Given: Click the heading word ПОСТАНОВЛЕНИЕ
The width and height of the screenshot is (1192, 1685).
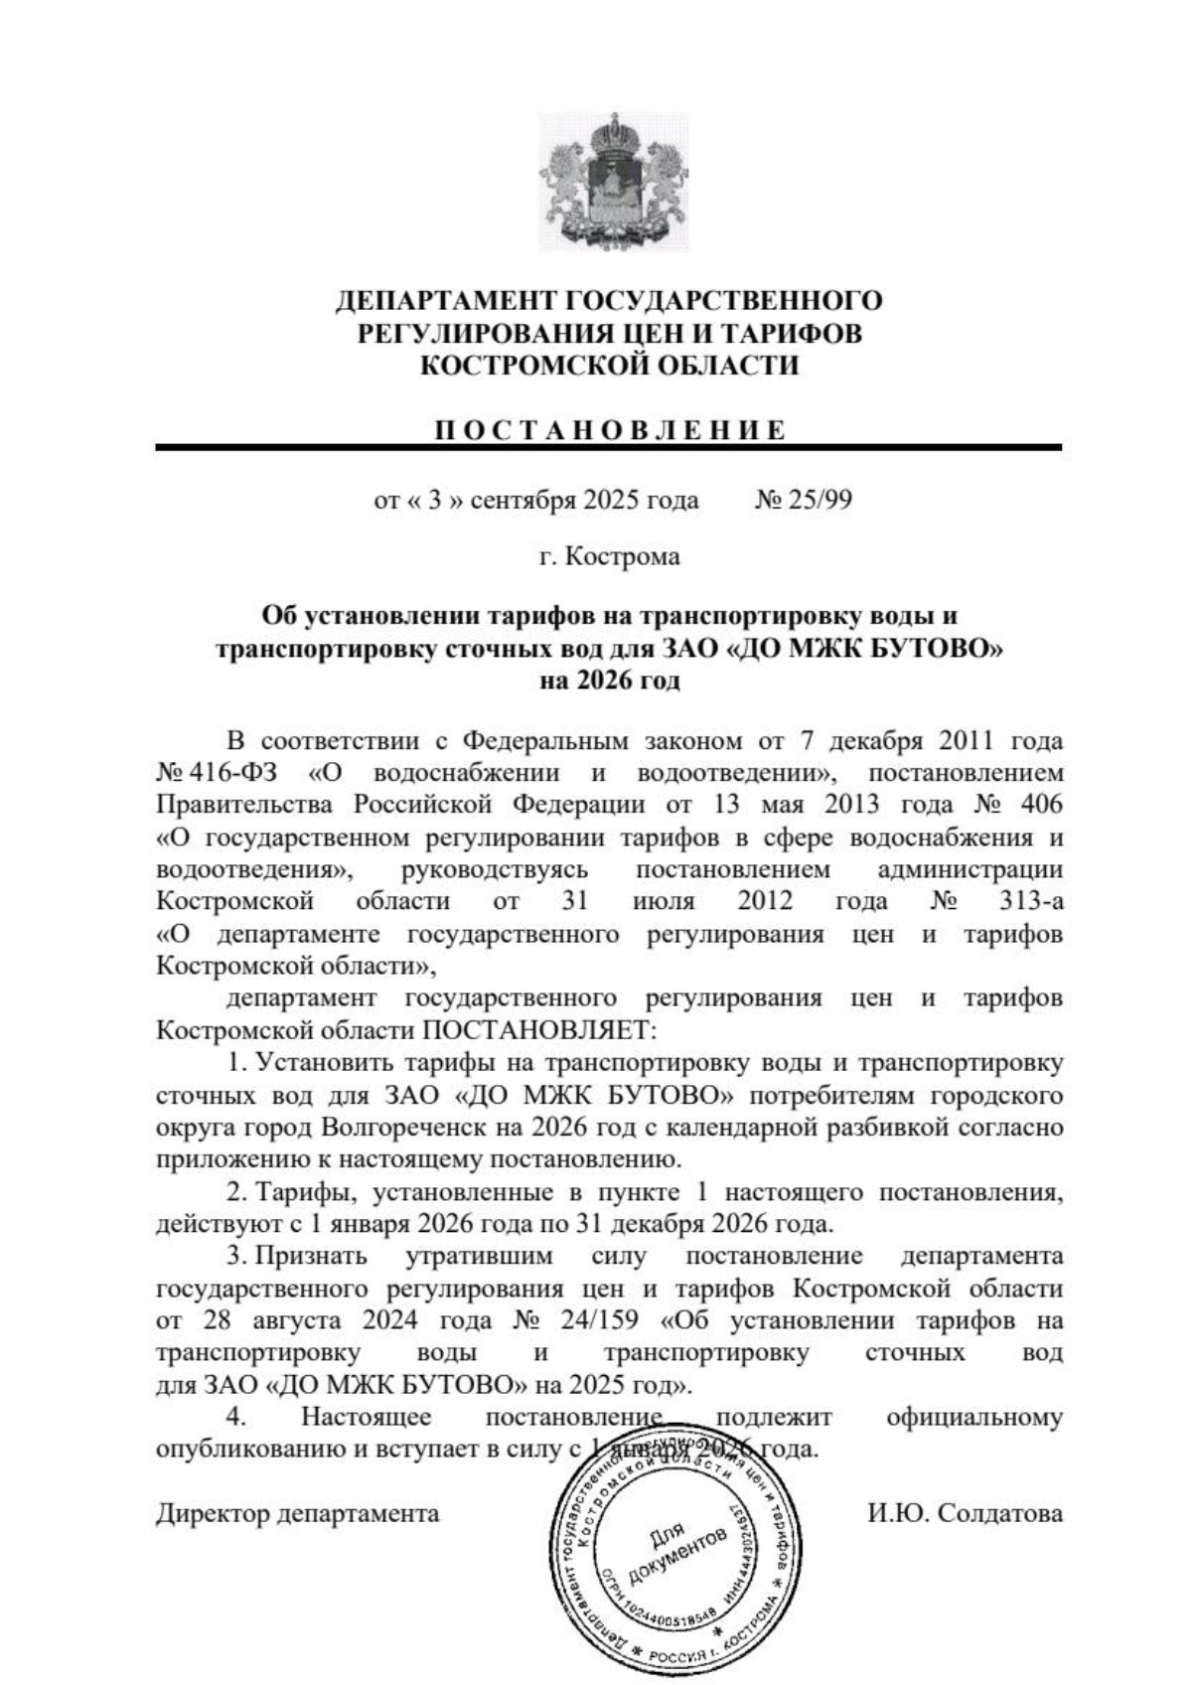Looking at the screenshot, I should tap(610, 430).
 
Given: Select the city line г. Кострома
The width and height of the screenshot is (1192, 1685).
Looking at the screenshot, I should tap(609, 556).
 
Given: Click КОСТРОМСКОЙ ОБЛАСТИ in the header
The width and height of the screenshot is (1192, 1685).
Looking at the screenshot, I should tap(609, 366).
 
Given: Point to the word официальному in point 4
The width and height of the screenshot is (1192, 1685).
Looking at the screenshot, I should tap(973, 1417).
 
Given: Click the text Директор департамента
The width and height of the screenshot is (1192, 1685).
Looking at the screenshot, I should tap(297, 1513).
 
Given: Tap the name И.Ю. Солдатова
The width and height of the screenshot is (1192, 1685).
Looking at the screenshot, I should tap(964, 1513).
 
